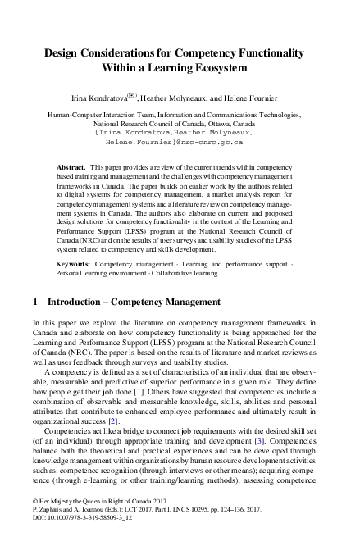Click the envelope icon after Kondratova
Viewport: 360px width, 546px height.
146,95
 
